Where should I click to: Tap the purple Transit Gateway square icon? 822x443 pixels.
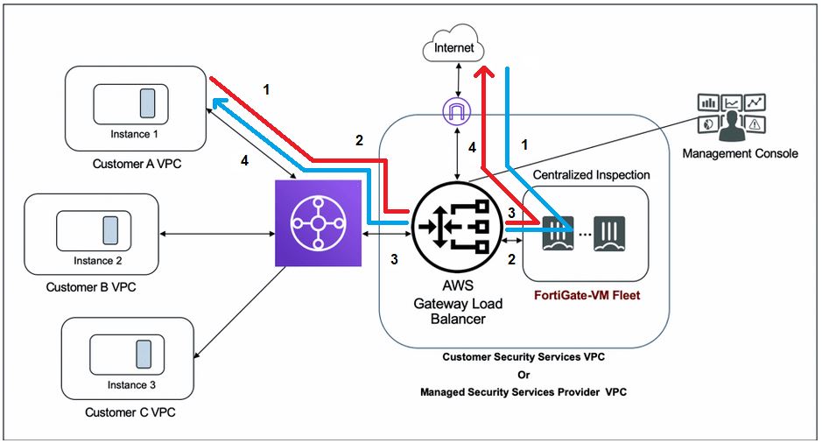tap(318, 223)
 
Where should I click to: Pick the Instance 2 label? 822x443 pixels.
tap(97, 260)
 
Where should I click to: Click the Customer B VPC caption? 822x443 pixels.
tap(91, 287)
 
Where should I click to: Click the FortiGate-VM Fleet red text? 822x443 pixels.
tap(587, 296)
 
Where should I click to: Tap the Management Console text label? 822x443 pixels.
tap(741, 153)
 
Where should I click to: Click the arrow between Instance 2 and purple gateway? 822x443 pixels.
tap(217, 234)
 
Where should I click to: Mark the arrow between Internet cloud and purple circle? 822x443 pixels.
tap(457, 80)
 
